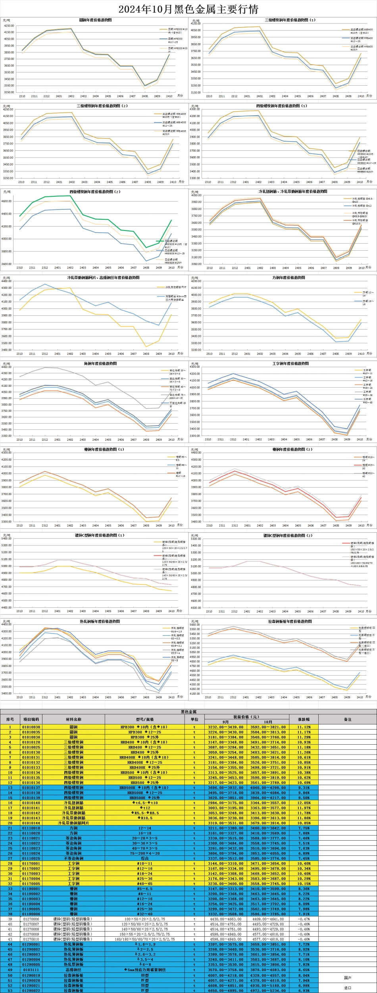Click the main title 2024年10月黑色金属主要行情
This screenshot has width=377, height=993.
[x=188, y=9]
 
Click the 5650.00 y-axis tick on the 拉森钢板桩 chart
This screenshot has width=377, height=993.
[x=194, y=624]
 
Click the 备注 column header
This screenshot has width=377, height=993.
[x=348, y=719]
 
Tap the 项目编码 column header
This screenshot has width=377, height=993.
[x=31, y=719]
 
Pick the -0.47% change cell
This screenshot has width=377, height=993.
[x=304, y=919]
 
